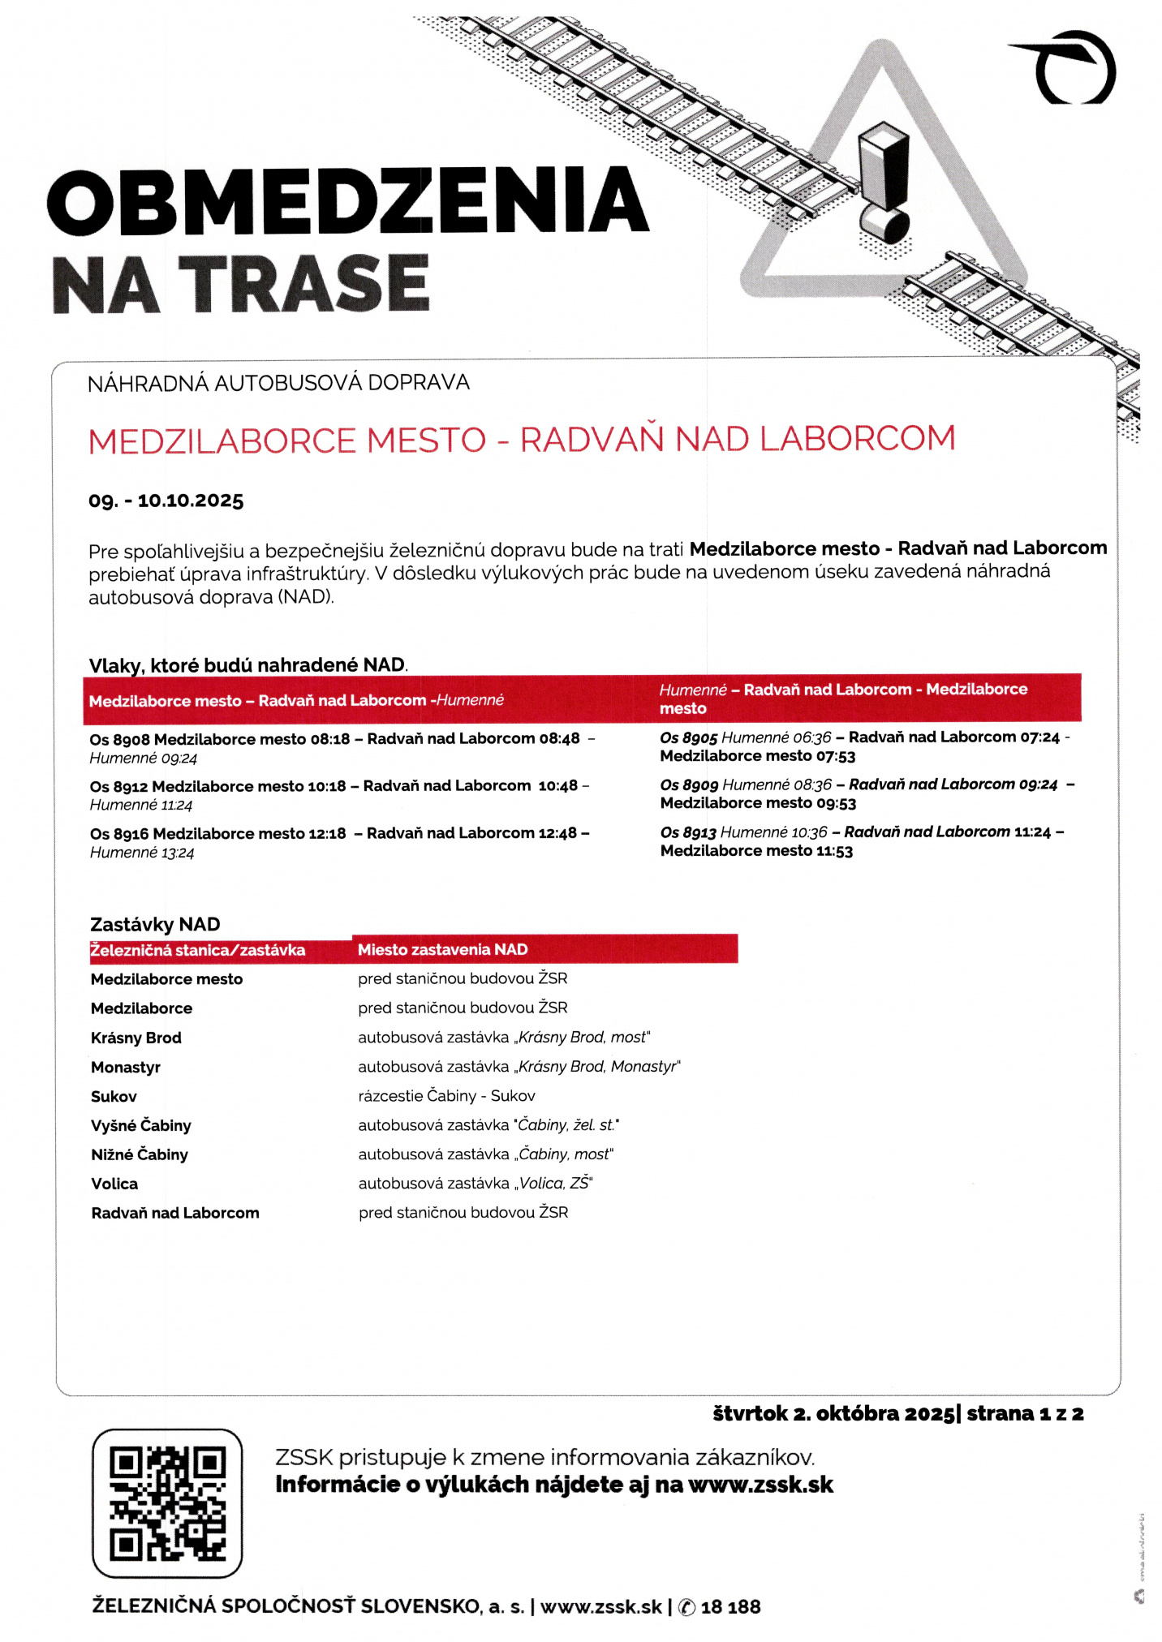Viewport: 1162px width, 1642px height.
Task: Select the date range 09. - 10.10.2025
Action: click(x=166, y=501)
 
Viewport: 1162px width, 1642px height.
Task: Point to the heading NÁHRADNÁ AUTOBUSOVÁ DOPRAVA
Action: click(x=278, y=383)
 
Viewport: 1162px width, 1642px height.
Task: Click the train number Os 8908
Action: click(x=119, y=740)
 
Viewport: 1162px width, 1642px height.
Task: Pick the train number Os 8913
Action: click(x=688, y=832)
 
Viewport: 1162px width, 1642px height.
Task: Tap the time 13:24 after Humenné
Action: click(x=178, y=853)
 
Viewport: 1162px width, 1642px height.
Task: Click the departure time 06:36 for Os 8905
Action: click(x=812, y=737)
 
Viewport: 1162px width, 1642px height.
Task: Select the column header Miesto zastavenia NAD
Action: click(x=443, y=949)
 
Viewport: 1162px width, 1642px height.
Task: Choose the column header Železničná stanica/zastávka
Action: click(x=198, y=950)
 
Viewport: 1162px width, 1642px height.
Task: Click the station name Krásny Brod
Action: click(x=136, y=1038)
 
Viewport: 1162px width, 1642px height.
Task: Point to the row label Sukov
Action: click(x=114, y=1096)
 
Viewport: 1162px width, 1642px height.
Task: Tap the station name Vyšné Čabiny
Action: click(x=141, y=1125)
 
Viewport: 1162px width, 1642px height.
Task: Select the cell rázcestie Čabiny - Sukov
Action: click(x=446, y=1095)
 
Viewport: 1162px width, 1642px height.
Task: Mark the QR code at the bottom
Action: click(x=167, y=1503)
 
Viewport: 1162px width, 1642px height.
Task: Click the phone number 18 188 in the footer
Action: click(x=730, y=1606)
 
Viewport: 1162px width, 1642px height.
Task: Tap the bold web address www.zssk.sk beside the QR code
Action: click(x=760, y=1485)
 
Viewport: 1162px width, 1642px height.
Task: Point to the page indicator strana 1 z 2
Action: click(x=1025, y=1413)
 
